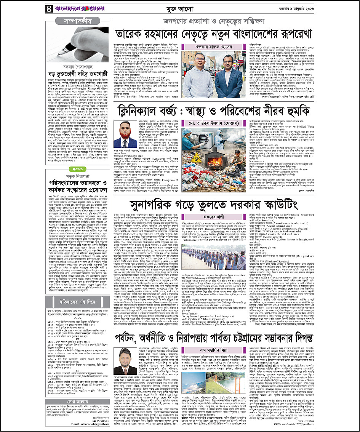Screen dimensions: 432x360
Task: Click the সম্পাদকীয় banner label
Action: tap(71, 21)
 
